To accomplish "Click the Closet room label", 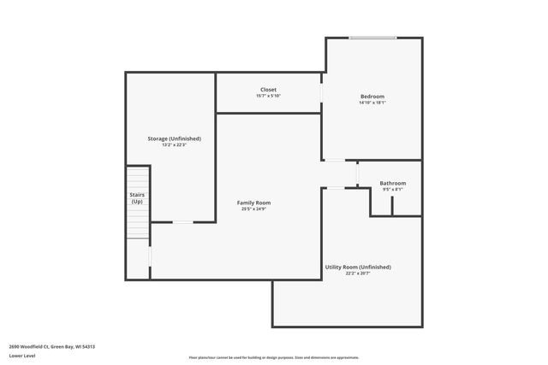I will point(268,90).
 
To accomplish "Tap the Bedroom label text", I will point(372,97).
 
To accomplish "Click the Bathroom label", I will point(393,183).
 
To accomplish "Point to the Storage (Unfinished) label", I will point(174,138).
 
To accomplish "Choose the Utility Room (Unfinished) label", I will point(358,268).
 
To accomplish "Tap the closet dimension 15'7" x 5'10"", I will point(268,96).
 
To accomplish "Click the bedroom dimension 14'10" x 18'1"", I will point(372,103).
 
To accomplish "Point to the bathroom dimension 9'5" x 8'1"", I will point(393,189).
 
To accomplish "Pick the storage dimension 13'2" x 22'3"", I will point(174,144).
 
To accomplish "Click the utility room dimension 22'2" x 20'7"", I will point(358,274).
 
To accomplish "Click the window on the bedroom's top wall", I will point(372,37).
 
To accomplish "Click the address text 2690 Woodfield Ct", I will point(51,346).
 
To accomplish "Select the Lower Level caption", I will point(22,355).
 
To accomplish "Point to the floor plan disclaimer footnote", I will point(273,357).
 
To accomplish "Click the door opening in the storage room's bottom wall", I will point(183,222).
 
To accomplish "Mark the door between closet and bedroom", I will point(322,91).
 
